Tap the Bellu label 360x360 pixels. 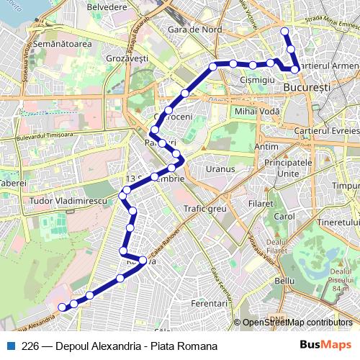(285, 280)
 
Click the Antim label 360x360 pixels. (266, 147)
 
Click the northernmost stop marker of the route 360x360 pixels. (285, 32)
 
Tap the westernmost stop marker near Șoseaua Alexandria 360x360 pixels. (62, 307)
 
